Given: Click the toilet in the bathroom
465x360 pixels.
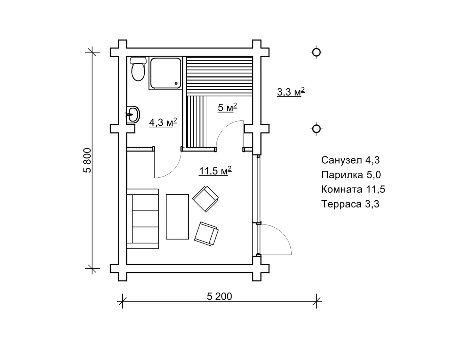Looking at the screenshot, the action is [x=138, y=69].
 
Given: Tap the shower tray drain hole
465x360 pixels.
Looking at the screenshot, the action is [x=176, y=83].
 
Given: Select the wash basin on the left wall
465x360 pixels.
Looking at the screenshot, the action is [x=133, y=115].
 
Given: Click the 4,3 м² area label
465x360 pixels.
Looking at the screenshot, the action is [x=163, y=122].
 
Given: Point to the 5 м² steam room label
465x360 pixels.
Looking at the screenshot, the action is [x=228, y=107].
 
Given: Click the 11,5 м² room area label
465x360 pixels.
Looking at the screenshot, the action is [x=215, y=171].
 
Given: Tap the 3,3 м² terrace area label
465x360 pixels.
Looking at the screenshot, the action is [x=291, y=92].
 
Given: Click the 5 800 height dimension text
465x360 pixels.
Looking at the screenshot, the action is [x=88, y=160].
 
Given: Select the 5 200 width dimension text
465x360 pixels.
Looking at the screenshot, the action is [x=219, y=297].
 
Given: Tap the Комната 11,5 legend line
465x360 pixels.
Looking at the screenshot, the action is [x=353, y=189].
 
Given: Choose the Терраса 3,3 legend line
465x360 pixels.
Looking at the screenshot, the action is [x=350, y=204].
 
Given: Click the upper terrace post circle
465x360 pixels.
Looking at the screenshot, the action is [x=316, y=52].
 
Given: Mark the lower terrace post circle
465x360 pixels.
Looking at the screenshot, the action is [x=316, y=129].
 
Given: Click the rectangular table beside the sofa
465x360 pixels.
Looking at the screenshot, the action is [x=177, y=217].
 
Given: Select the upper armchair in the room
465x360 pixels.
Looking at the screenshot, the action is [x=205, y=199].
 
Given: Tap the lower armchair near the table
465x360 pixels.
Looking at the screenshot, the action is [x=206, y=234].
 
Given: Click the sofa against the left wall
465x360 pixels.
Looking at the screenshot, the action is [x=143, y=219].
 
